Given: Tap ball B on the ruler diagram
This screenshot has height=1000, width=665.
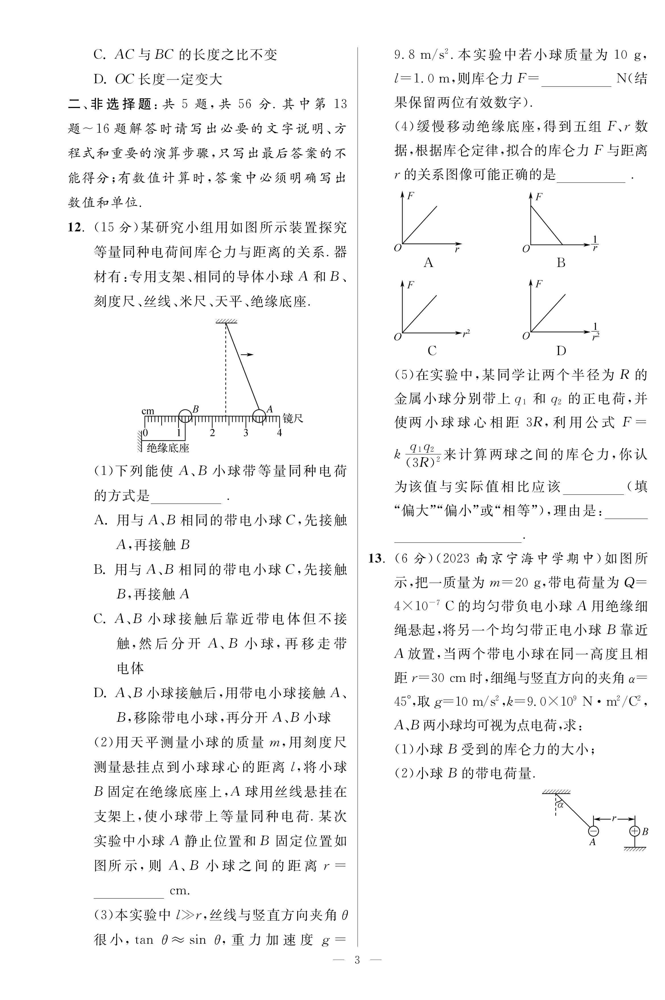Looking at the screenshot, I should [x=185, y=416].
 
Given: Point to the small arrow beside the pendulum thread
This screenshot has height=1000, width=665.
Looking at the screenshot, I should [x=247, y=354].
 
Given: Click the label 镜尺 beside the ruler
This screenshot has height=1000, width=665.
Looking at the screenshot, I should [x=293, y=419].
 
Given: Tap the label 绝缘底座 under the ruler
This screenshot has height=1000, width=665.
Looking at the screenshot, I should [x=168, y=448].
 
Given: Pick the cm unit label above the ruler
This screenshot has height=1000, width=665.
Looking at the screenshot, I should [x=148, y=411].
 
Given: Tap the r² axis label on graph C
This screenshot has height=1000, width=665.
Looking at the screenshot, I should [x=466, y=333].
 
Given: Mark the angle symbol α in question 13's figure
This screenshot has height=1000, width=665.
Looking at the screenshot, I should [x=561, y=804].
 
